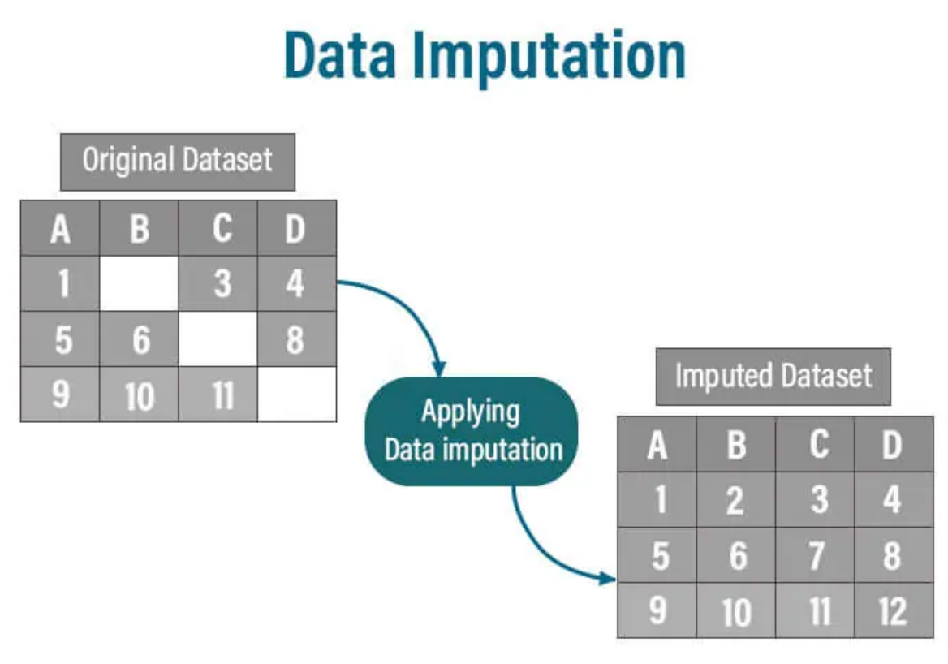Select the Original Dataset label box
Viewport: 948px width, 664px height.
(177, 161)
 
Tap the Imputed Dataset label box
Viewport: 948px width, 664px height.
(773, 376)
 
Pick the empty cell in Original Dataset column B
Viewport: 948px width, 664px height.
(139, 283)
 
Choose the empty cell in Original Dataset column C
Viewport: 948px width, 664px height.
(218, 338)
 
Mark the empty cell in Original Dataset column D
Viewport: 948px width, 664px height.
(296, 395)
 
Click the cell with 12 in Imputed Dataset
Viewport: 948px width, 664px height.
(892, 610)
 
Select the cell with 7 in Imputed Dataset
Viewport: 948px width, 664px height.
(816, 556)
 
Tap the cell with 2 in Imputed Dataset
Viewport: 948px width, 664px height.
(735, 500)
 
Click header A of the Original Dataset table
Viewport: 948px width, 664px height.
(60, 229)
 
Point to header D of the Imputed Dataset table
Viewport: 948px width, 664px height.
(892, 445)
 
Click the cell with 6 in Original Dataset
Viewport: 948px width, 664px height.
(140, 339)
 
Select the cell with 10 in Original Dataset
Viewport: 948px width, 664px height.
(140, 395)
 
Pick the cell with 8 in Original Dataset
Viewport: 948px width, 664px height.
(296, 339)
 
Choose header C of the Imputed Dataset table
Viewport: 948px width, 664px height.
(816, 445)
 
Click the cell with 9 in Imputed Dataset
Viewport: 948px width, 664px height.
(657, 610)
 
